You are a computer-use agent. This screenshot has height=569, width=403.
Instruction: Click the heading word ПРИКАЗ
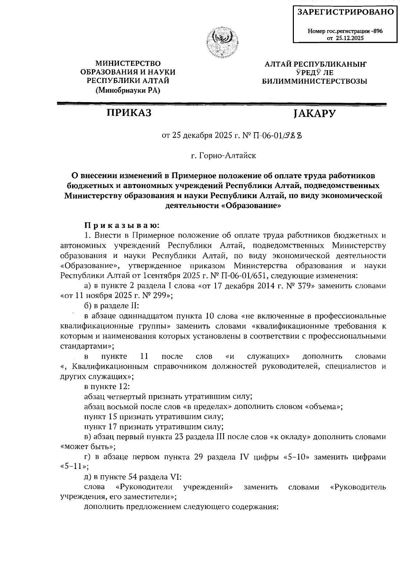coord(129,113)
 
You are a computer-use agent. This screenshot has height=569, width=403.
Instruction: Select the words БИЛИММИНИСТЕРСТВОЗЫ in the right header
coord(314,81)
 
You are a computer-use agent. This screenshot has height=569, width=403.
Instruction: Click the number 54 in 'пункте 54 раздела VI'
coord(133,477)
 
